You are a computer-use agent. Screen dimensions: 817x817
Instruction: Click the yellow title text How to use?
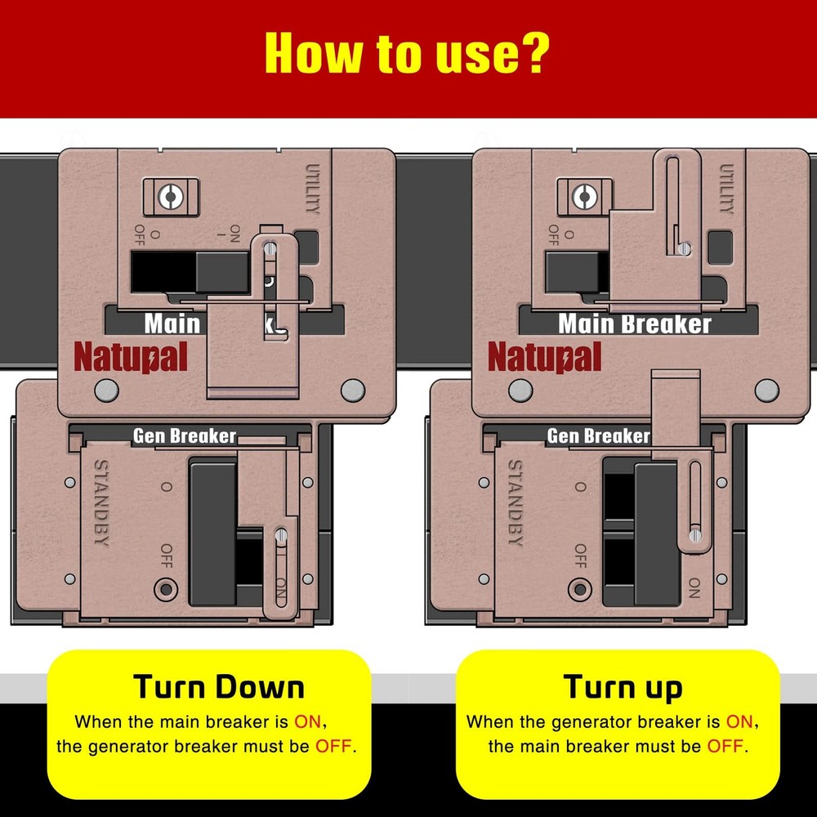click(406, 54)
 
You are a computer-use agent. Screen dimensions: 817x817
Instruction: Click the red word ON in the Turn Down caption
click(311, 722)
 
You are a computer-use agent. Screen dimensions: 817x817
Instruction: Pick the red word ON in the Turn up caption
click(739, 722)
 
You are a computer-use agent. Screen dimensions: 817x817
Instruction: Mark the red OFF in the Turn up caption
click(726, 747)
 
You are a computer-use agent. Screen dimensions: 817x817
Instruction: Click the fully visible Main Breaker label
click(635, 324)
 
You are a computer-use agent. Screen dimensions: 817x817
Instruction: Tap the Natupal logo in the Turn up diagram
click(544, 357)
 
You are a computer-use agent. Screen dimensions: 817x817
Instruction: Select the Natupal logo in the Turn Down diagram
click(131, 357)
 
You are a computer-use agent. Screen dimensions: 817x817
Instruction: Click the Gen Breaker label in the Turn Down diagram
click(185, 436)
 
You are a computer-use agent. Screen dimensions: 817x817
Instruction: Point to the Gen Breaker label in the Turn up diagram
click(597, 436)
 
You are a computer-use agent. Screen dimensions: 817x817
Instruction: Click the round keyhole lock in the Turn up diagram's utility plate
click(582, 195)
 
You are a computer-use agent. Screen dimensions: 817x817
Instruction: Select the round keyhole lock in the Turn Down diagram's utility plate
click(168, 195)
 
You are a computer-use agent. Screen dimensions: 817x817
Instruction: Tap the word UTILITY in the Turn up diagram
click(725, 189)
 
